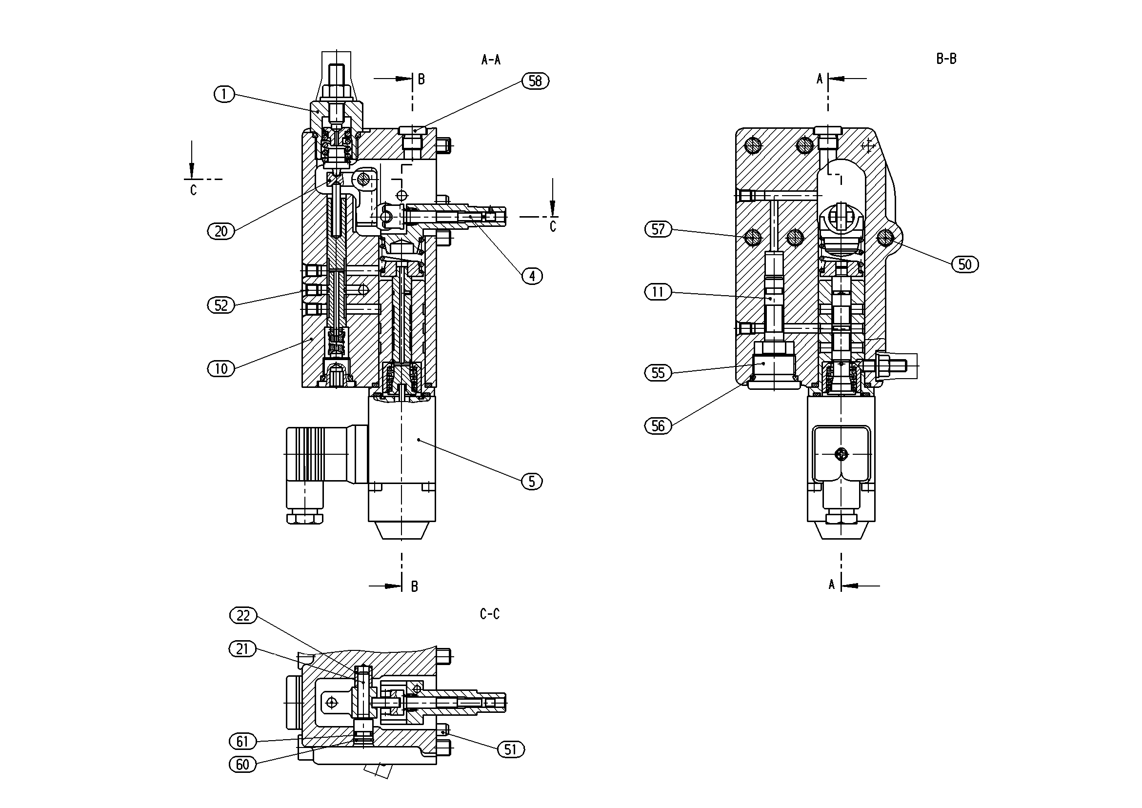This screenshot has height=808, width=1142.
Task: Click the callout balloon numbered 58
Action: click(535, 81)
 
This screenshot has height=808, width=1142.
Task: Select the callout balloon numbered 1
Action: click(224, 94)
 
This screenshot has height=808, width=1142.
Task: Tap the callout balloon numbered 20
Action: click(221, 231)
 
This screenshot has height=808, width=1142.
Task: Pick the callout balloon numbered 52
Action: click(221, 305)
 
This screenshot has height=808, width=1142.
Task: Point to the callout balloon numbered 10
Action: click(221, 369)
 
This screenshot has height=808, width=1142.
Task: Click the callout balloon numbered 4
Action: click(532, 276)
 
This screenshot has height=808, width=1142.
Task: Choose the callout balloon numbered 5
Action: click(532, 481)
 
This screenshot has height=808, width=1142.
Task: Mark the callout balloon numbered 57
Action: click(658, 229)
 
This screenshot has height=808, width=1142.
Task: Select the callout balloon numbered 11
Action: click(658, 292)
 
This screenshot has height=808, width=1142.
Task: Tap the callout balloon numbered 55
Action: click(658, 373)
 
